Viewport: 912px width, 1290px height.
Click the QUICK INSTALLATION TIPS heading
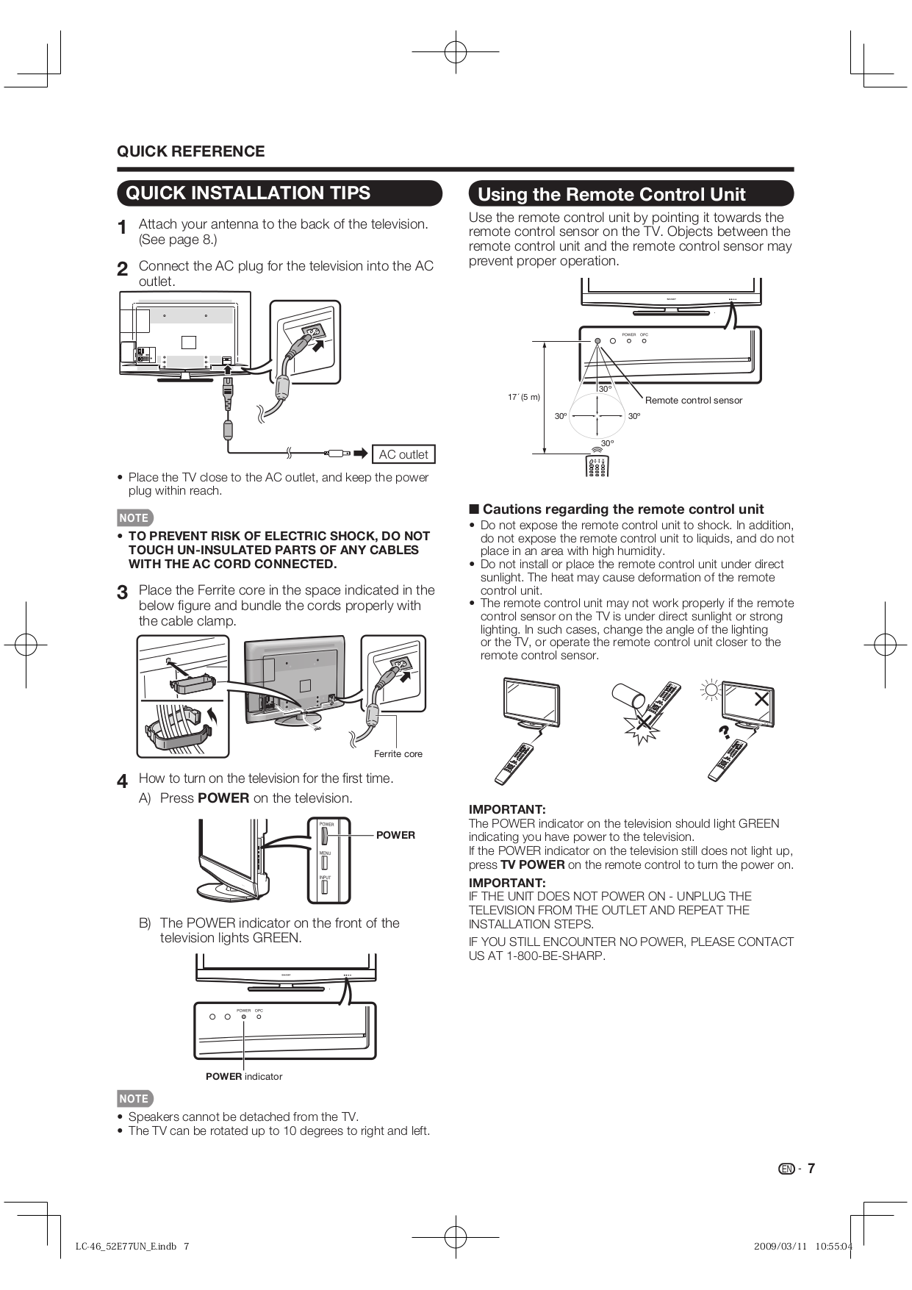tap(248, 193)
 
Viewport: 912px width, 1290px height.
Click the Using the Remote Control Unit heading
tap(611, 195)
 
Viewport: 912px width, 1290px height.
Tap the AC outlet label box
tap(403, 454)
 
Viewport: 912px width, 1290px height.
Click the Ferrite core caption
tap(398, 753)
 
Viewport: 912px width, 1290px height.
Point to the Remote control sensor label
tap(693, 401)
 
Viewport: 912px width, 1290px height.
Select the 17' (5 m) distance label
tap(523, 397)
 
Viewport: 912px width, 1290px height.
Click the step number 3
tap(123, 592)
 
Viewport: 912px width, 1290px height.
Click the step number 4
tap(123, 781)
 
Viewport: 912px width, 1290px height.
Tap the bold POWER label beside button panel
tap(395, 835)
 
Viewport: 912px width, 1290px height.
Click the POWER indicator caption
tap(243, 1076)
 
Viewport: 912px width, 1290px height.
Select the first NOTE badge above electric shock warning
tap(134, 517)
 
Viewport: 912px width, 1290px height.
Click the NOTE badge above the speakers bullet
tap(134, 1098)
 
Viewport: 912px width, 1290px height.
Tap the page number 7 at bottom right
tap(811, 1169)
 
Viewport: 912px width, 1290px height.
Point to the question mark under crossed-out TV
tap(724, 731)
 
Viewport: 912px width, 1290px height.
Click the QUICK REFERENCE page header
tap(190, 151)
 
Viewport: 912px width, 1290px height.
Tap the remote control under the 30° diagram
tap(597, 465)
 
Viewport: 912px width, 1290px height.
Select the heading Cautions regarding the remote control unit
tap(622, 509)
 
